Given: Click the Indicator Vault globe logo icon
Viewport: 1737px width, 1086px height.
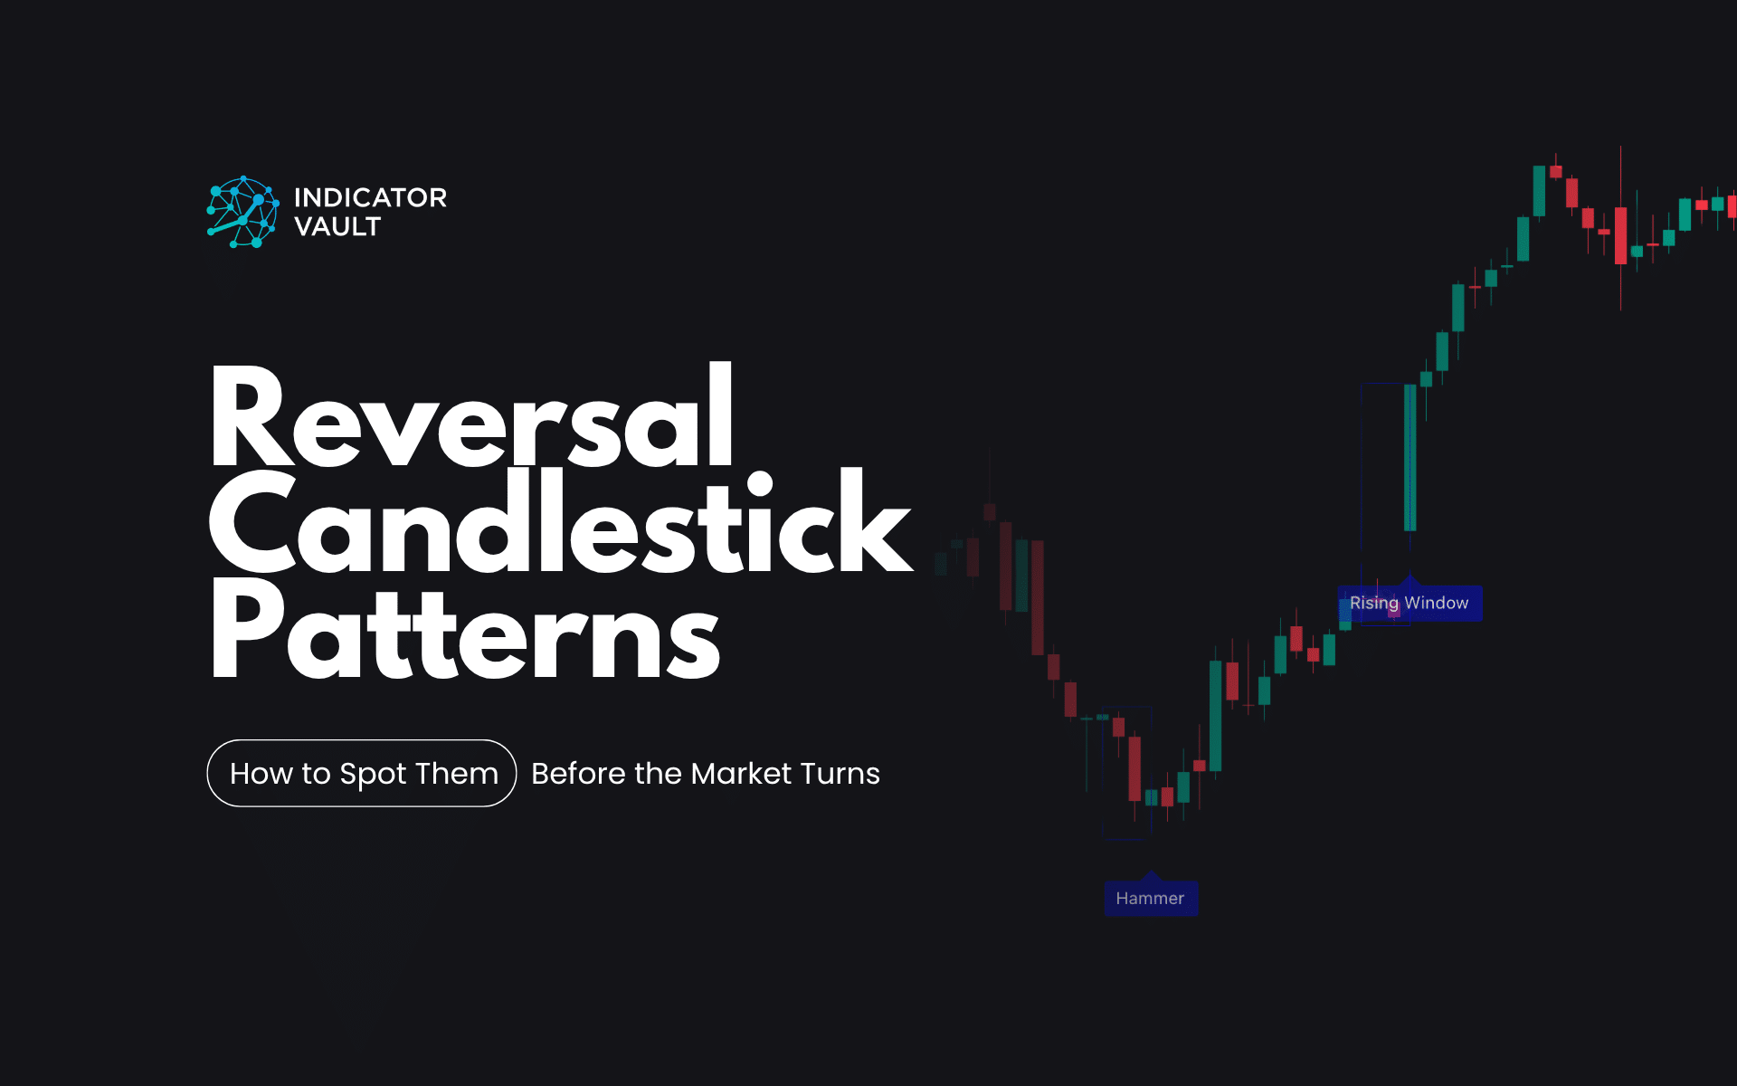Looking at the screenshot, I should [242, 213].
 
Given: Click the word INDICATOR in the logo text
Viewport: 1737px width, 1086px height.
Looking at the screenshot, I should [370, 197].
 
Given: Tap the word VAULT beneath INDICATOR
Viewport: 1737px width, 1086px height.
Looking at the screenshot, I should [337, 227].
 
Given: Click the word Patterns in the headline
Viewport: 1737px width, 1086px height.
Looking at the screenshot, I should [465, 630].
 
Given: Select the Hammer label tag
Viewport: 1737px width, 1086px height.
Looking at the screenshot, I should [1150, 899].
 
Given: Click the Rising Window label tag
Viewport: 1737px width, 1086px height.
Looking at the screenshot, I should [1409, 604].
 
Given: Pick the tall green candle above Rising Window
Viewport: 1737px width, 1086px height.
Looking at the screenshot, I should [1410, 457].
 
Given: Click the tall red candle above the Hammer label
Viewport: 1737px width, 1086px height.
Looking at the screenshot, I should [1134, 768].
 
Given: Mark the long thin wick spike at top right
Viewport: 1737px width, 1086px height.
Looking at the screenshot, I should [1620, 226].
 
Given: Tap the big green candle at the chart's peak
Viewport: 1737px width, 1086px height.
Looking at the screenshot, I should [1539, 190].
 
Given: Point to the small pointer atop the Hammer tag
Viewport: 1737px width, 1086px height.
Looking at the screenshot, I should [1150, 876].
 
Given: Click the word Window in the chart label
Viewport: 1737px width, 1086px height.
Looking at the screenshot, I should [1437, 604].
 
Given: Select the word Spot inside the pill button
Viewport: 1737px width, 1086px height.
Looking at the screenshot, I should [373, 775].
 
